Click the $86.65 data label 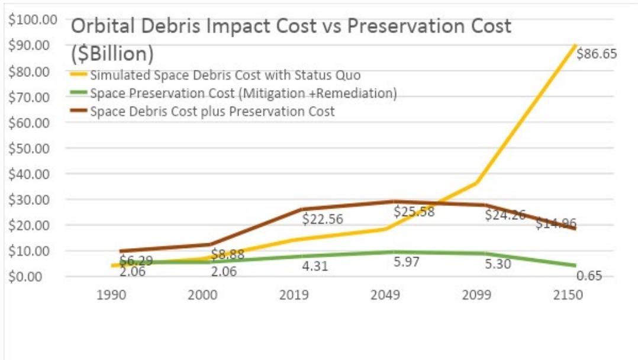[597, 54]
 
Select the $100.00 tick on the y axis [33, 20]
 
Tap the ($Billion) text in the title [112, 54]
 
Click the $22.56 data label [323, 219]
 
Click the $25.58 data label [414, 212]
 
